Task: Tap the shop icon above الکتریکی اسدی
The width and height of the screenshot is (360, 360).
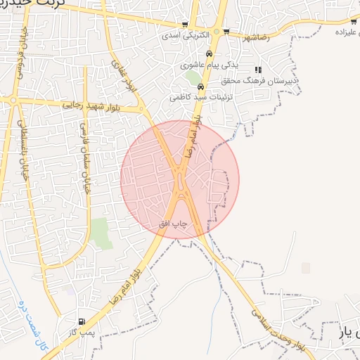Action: (x=186, y=24)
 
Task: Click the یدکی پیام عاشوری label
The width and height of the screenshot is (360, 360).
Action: (x=210, y=65)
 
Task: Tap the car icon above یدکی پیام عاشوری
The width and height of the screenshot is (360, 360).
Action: (x=209, y=54)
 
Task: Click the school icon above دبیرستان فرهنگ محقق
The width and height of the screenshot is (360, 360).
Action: (x=258, y=70)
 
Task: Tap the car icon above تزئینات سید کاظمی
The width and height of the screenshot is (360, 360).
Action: (x=200, y=86)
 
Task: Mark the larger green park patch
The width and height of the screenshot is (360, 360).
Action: (x=102, y=233)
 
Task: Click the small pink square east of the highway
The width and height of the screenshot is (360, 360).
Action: (x=306, y=268)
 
